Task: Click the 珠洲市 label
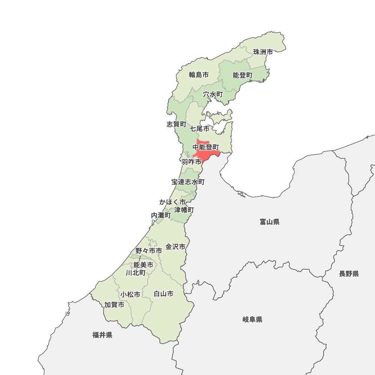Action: pos(263,52)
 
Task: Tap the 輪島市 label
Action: pos(198,75)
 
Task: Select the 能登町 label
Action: pos(243,75)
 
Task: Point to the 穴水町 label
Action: pos(213,94)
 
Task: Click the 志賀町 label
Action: pos(176,124)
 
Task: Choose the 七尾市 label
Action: pos(199,129)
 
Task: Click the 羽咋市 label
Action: pos(191,162)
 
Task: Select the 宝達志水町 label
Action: pos(188,182)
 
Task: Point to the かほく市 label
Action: pos(172,202)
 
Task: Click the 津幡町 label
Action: pos(184,210)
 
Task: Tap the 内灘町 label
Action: pos(160,216)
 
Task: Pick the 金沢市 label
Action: pos(175,247)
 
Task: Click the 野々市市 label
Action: pos(148,250)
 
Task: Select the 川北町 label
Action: pos(135,273)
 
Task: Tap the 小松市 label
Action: pos(130,294)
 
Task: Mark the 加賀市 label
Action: pos(114,305)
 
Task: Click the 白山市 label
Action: pos(163,294)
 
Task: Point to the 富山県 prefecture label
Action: pos(269,222)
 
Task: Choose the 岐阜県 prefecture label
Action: pos(252,319)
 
